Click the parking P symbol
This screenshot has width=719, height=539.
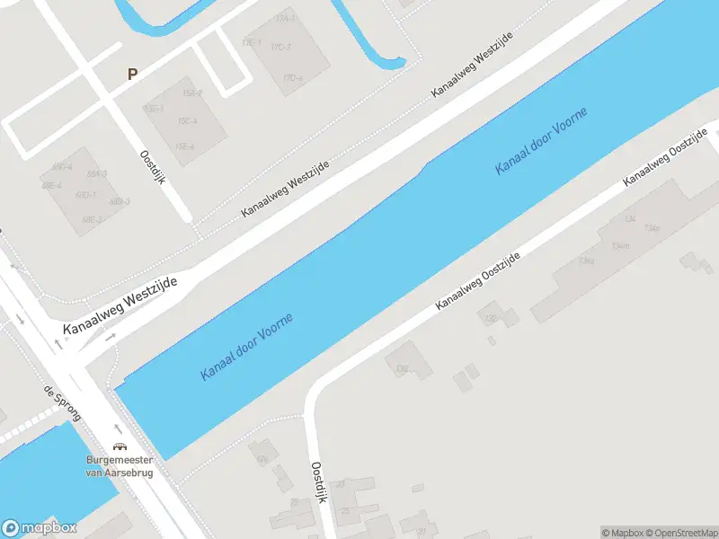pyautogui.click(x=133, y=75)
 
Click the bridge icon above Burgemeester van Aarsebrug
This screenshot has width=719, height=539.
pyautogui.click(x=119, y=446)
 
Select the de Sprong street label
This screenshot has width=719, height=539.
pyautogui.click(x=62, y=405)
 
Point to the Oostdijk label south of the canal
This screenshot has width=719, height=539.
pyautogui.click(x=317, y=482)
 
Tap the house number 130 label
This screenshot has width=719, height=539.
pyautogui.click(x=402, y=368)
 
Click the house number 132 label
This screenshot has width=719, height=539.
pyautogui.click(x=491, y=319)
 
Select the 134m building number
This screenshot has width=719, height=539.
pyautogui.click(x=619, y=245)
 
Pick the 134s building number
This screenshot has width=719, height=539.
pyautogui.click(x=651, y=228)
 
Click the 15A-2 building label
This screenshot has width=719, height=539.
pyautogui.click(x=191, y=93)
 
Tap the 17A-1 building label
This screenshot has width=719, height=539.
pyautogui.click(x=286, y=18)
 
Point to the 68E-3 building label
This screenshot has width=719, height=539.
pyautogui.click(x=90, y=218)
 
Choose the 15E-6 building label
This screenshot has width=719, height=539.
pyautogui.click(x=184, y=146)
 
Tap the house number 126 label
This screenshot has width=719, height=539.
pyautogui.click(x=262, y=459)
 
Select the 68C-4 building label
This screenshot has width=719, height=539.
pyautogui.click(x=61, y=167)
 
